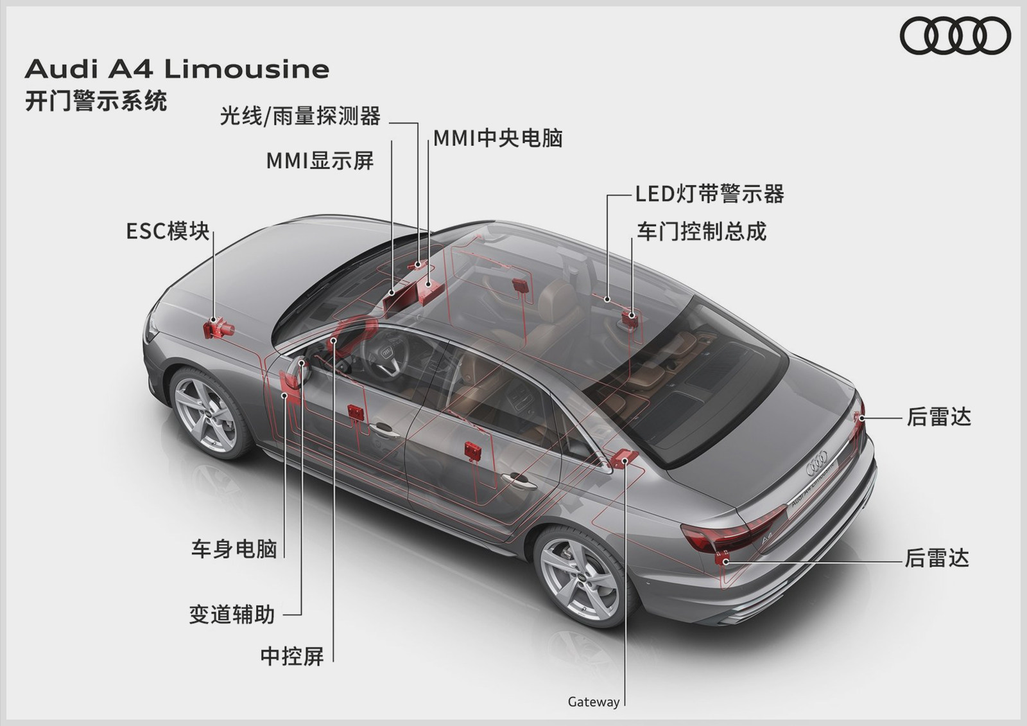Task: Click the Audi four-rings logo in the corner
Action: pos(955,35)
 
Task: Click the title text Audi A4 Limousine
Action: pos(177,69)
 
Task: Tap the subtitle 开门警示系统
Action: pos(96,101)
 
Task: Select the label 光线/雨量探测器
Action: pos(300,116)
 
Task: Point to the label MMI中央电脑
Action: pos(498,138)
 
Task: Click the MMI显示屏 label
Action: pos(320,161)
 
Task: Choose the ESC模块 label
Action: pos(168,231)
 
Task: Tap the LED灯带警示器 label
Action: pos(709,194)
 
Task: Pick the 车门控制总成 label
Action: pos(701,231)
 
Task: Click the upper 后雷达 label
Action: pos(938,418)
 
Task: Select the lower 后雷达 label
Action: pos(936,558)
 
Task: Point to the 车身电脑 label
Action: pos(234,549)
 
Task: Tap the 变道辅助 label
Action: pos(232,615)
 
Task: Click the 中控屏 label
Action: pos(292,656)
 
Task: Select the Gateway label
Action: pos(593,702)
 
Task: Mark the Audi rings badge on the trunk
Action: pos(818,462)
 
